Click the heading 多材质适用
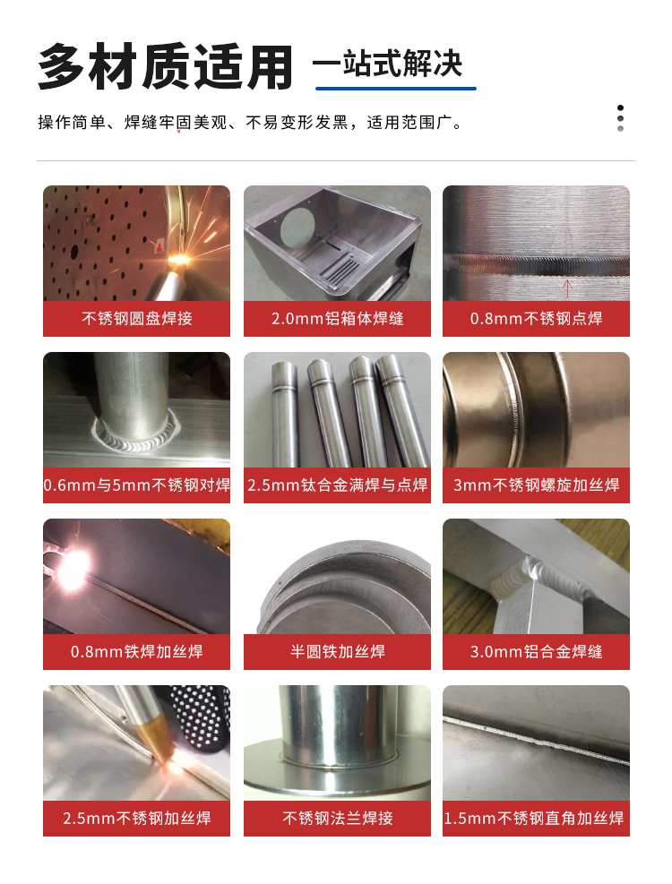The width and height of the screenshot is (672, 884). [166, 67]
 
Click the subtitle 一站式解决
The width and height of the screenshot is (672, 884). [388, 63]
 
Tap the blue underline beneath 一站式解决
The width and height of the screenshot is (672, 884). [395, 89]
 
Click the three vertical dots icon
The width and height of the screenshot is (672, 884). [620, 118]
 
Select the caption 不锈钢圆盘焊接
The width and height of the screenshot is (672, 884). [136, 319]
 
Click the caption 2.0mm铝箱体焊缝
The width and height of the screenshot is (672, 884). [338, 319]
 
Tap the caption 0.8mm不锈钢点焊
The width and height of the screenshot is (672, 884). [536, 319]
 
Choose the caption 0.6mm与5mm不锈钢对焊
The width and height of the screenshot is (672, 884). [136, 485]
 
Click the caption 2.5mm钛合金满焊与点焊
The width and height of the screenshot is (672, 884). [338, 485]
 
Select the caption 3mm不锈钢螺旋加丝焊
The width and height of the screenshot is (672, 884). [536, 485]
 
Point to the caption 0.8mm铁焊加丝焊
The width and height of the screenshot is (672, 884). [136, 652]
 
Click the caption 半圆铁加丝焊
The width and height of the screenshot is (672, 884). [338, 652]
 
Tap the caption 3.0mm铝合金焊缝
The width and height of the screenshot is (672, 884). [536, 652]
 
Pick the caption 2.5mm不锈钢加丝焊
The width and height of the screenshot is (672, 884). [136, 818]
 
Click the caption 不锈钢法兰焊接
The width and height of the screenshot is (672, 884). [338, 818]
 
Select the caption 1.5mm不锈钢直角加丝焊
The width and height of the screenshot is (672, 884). [534, 818]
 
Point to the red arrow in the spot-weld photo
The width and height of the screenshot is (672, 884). [568, 288]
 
